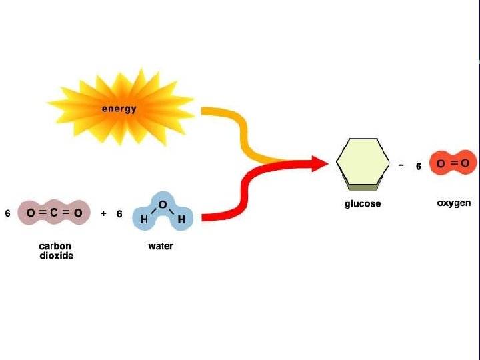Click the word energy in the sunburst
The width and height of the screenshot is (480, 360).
click(x=119, y=109)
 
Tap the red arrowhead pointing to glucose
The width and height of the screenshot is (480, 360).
click(x=319, y=163)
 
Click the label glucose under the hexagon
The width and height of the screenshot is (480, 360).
click(x=362, y=203)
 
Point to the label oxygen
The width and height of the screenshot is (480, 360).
click(x=453, y=203)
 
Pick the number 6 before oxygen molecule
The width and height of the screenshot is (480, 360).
click(x=419, y=166)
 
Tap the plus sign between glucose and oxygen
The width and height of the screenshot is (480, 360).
click(x=401, y=164)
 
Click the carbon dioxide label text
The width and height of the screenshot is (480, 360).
click(x=55, y=251)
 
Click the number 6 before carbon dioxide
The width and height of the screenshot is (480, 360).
click(x=8, y=214)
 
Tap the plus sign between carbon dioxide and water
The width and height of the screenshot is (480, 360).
click(x=103, y=214)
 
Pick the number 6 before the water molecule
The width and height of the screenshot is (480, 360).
click(x=119, y=214)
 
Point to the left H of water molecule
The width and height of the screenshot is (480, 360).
click(x=143, y=219)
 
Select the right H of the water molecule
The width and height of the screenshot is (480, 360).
click(x=181, y=219)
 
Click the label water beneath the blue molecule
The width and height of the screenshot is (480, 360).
click(x=161, y=246)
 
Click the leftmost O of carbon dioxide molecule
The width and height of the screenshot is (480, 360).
click(x=31, y=213)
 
